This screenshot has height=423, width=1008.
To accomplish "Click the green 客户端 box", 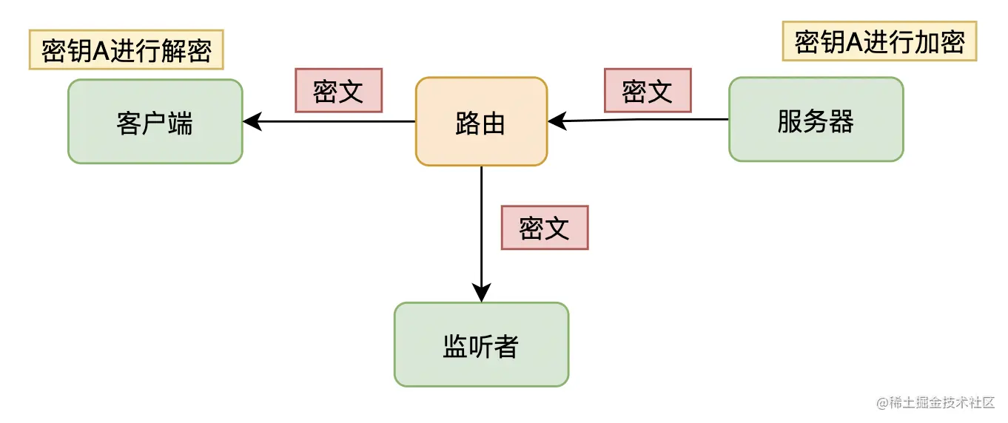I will pyautogui.click(x=155, y=122).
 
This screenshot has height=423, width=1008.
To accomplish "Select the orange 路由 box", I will pyautogui.click(x=481, y=122).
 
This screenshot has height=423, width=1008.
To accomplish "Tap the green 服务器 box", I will pyautogui.click(x=816, y=120).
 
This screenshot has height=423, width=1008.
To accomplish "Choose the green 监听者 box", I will pyautogui.click(x=481, y=345).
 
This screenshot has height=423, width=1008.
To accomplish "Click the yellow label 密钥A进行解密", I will pyautogui.click(x=126, y=50).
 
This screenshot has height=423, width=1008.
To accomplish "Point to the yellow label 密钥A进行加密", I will pyautogui.click(x=879, y=41).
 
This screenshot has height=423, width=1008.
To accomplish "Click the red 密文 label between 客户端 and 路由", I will pyautogui.click(x=338, y=90).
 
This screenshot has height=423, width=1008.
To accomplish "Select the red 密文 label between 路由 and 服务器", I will pyautogui.click(x=648, y=90).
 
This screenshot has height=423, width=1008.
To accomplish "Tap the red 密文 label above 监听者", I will pyautogui.click(x=544, y=228).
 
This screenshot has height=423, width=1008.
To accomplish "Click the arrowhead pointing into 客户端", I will pyautogui.click(x=252, y=121).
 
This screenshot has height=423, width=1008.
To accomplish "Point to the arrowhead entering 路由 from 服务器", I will pyautogui.click(x=557, y=120).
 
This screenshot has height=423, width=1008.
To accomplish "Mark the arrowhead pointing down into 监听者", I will pyautogui.click(x=482, y=294).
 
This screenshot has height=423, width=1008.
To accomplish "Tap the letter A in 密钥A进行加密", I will pyautogui.click(x=854, y=42).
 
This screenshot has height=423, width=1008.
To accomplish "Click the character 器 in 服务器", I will pyautogui.click(x=841, y=120).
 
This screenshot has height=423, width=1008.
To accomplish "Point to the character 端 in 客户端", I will pyautogui.click(x=180, y=123).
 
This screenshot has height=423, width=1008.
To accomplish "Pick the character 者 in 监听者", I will pyautogui.click(x=506, y=345).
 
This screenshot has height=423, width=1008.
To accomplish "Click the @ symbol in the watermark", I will pyautogui.click(x=882, y=403).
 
